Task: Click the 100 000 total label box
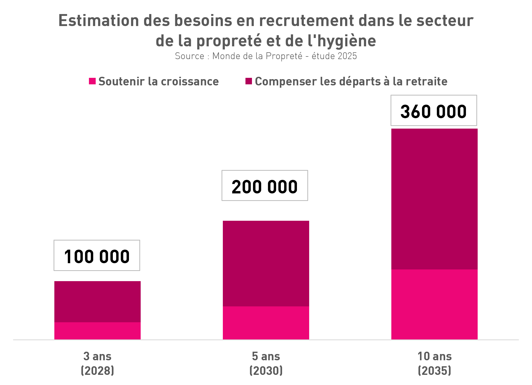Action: (97, 255)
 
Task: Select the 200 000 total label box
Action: (265, 186)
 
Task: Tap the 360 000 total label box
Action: (434, 110)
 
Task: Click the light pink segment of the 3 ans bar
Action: (98, 331)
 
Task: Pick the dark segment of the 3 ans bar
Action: (98, 302)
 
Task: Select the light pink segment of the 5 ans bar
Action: (266, 323)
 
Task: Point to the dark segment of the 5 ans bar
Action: (266, 263)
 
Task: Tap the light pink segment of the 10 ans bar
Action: (434, 304)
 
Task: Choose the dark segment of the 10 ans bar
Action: (434, 199)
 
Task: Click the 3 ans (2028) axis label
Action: (98, 363)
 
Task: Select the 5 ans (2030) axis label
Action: (266, 363)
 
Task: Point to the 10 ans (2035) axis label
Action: (434, 363)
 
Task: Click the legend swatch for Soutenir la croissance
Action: (92, 81)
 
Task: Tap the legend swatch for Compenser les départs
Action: (249, 81)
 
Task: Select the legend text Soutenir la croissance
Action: (159, 81)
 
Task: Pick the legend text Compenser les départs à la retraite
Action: (351, 81)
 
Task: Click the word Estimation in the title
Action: (99, 21)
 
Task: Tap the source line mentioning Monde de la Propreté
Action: (266, 56)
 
